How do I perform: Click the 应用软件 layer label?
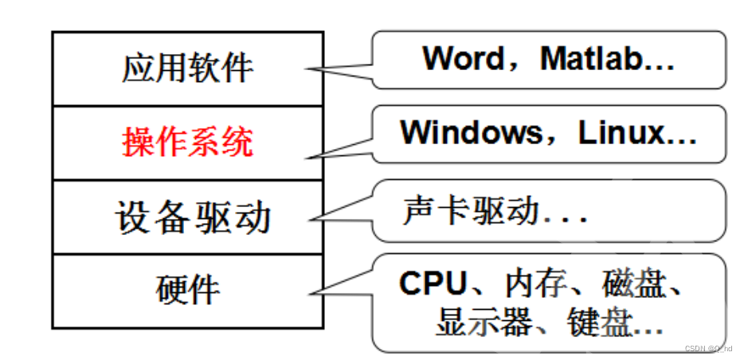(188, 68)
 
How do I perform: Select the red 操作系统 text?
(188, 143)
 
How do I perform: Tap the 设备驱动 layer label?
(193, 217)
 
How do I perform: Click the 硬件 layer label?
(188, 291)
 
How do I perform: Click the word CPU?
(431, 284)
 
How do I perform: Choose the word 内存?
(532, 284)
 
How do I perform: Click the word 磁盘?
(632, 284)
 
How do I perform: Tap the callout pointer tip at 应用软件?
(307, 69)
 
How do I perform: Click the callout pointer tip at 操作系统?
(307, 156)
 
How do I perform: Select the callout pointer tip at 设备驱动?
(307, 220)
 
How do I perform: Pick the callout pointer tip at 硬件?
(307, 293)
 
